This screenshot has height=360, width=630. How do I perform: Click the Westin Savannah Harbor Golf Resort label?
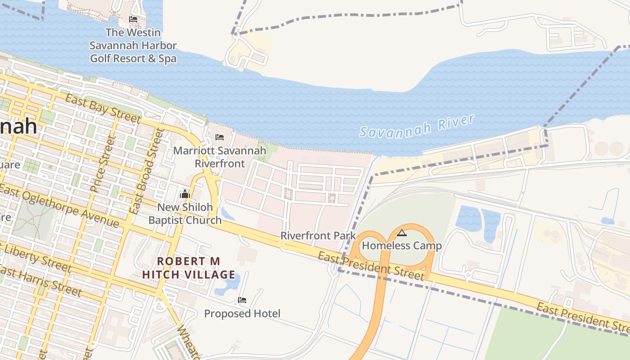(133, 45)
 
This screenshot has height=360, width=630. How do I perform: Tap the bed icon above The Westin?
(133, 19)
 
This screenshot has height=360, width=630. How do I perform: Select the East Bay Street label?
(103, 108)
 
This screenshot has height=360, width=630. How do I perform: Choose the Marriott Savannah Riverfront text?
(220, 157)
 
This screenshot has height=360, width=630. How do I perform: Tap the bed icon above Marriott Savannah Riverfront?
(220, 137)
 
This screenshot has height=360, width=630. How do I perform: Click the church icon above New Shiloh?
(185, 194)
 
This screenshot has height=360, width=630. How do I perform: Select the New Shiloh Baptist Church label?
(185, 214)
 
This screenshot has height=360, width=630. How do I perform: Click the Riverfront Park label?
(318, 235)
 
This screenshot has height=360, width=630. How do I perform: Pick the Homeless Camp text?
(402, 246)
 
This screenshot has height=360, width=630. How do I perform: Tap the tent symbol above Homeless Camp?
(402, 233)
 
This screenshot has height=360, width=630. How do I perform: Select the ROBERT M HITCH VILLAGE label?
(189, 268)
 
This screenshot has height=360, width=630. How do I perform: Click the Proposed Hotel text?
(242, 313)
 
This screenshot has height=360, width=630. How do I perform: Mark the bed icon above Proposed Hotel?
(242, 300)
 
